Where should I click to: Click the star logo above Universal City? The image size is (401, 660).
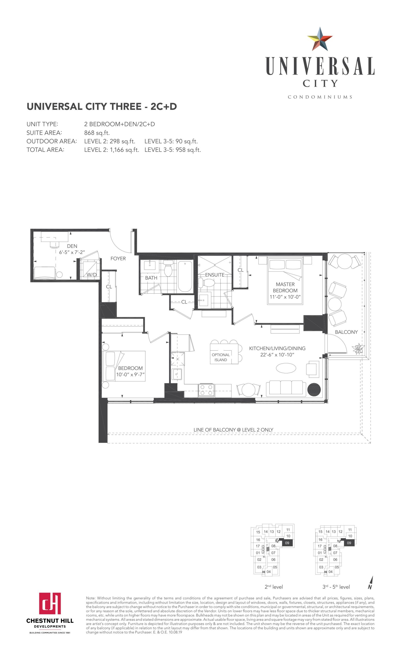(x=320, y=39)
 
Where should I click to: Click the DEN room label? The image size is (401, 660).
(x=72, y=246)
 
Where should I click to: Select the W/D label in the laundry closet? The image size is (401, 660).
(x=91, y=275)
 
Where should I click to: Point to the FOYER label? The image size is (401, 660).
(x=118, y=259)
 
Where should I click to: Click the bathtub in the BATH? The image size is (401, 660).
(x=185, y=276)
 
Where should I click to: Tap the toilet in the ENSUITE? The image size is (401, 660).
(x=206, y=282)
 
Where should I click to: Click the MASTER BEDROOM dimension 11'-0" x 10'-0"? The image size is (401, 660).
(x=285, y=297)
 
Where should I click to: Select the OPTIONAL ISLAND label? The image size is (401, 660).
(x=221, y=357)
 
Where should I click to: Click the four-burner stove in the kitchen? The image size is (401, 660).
(x=206, y=390)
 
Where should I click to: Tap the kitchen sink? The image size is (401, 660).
(x=177, y=374)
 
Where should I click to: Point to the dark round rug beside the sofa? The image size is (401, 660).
(x=314, y=390)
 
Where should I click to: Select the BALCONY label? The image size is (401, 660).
(x=346, y=332)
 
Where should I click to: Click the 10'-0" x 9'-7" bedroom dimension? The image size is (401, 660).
(x=130, y=374)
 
